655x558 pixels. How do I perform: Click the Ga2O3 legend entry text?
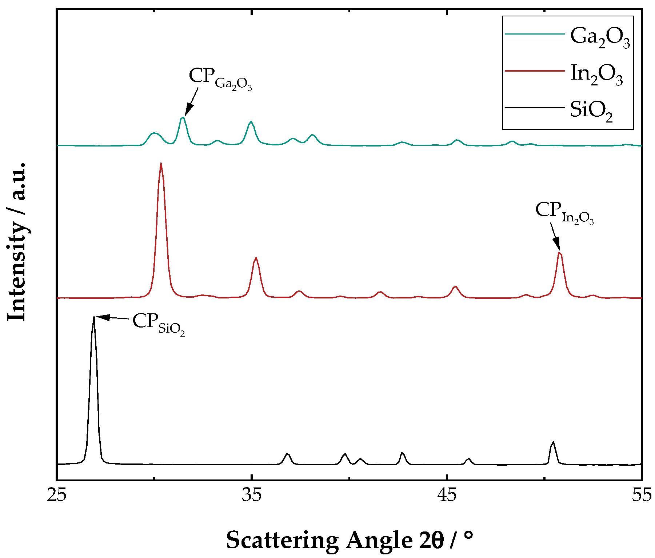tap(600, 37)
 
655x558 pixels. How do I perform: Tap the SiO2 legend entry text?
tap(591, 111)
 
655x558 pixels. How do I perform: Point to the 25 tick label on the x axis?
tap(57, 495)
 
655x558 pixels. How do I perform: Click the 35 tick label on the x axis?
tap(252, 495)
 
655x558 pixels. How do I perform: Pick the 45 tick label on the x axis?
tap(447, 495)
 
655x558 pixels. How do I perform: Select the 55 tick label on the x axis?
tap(642, 495)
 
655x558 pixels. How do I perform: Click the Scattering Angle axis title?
tap(350, 540)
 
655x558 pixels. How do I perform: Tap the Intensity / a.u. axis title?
tap(17, 242)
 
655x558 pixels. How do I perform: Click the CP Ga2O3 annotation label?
tap(220, 79)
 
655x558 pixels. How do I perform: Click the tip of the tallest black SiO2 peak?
tap(94, 317)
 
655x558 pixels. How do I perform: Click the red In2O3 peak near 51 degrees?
tap(560, 253)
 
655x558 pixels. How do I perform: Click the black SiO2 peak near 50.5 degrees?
tap(553, 442)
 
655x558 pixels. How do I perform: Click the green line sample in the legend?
tap(535, 34)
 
